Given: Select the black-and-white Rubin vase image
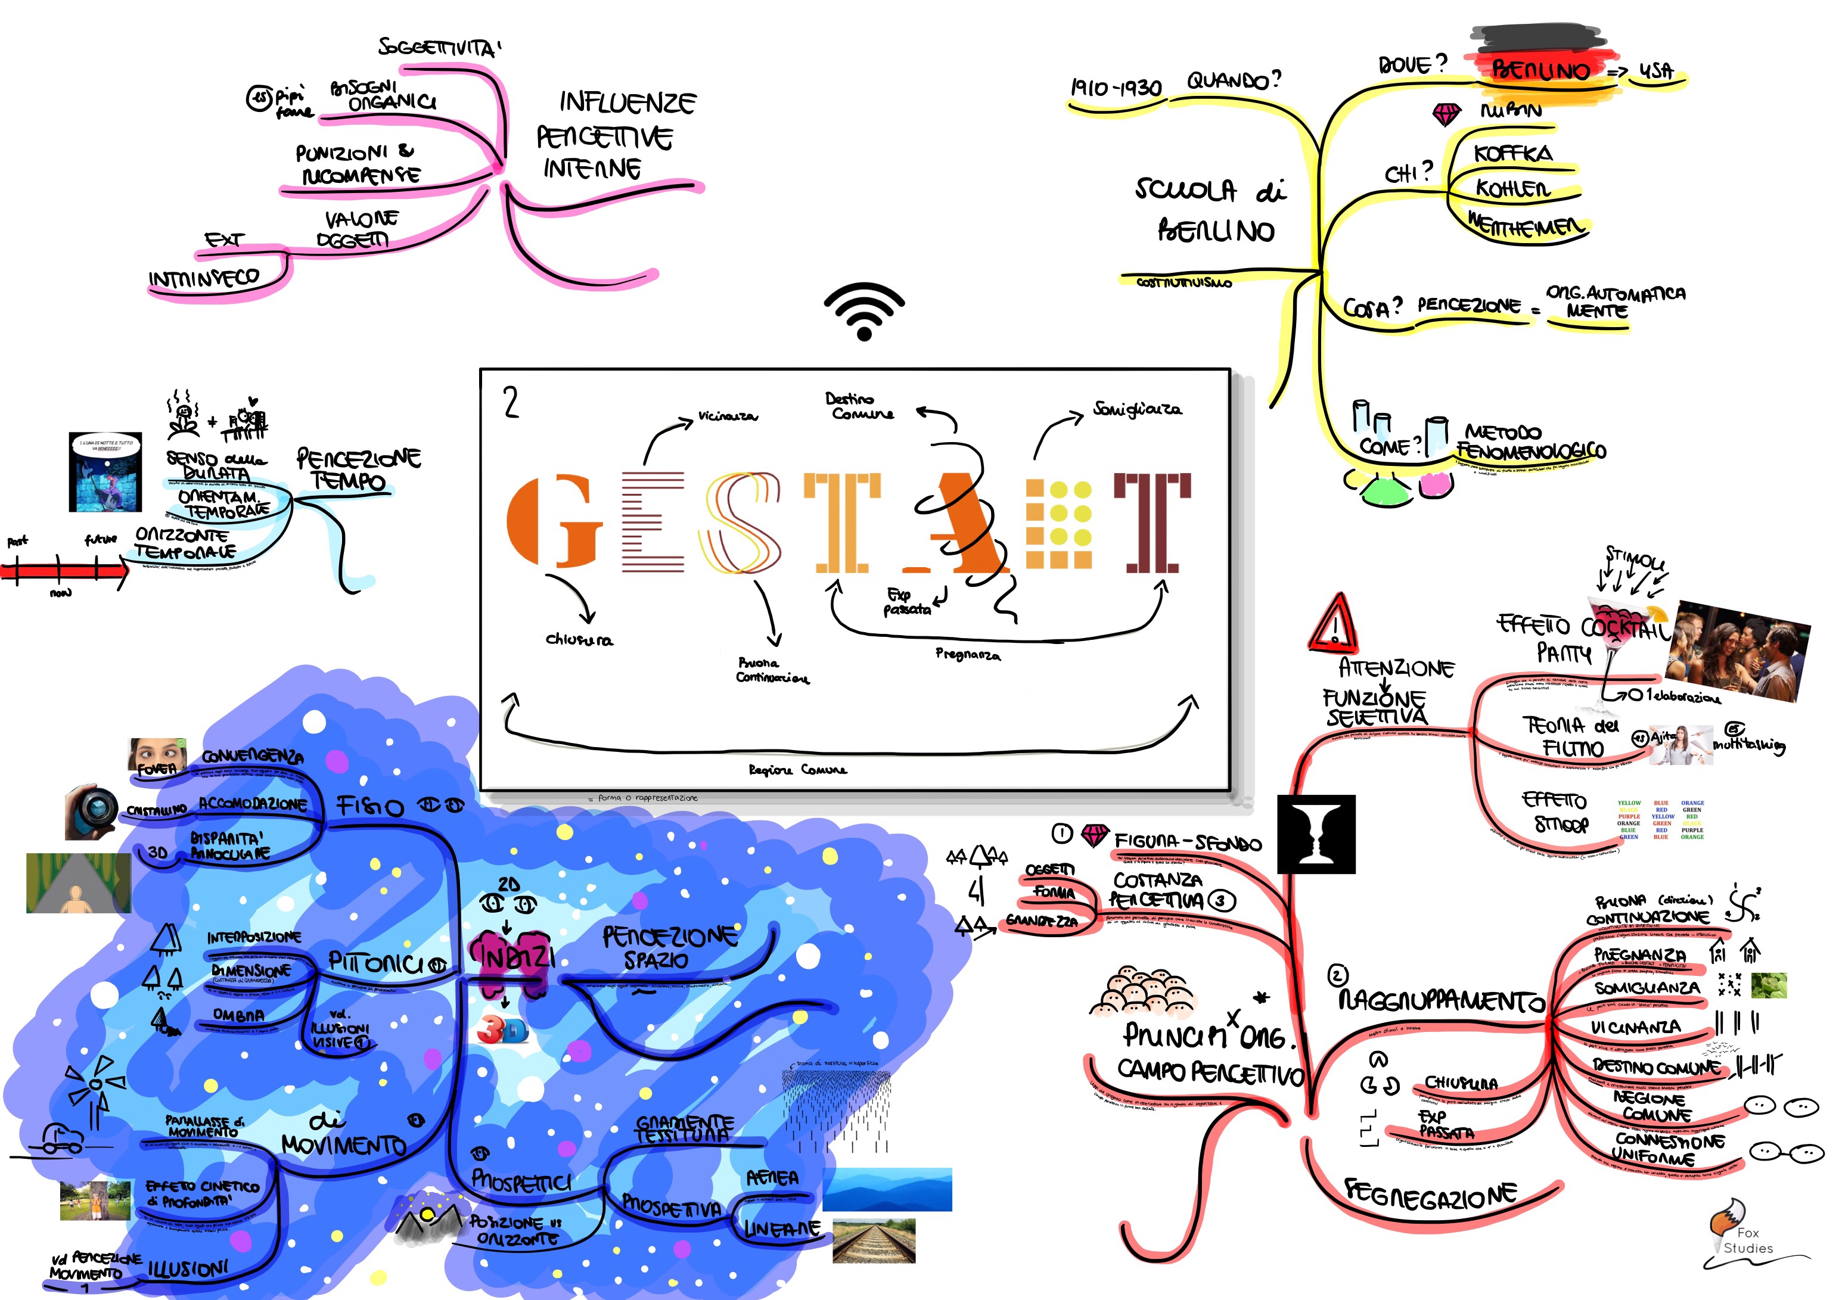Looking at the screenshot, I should pyautogui.click(x=1316, y=834).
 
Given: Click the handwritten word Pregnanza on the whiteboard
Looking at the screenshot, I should pyautogui.click(x=968, y=654).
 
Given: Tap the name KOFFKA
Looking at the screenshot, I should pyautogui.click(x=1512, y=153).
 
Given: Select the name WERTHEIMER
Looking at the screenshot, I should pyautogui.click(x=1526, y=226).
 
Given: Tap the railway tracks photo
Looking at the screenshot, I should pyautogui.click(x=874, y=1241).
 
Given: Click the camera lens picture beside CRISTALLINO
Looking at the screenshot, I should pyautogui.click(x=92, y=811).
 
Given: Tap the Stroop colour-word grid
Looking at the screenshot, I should pyautogui.click(x=1660, y=819).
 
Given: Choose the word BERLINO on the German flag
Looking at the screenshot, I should pyautogui.click(x=1539, y=70).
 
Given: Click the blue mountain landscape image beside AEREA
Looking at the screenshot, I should pyautogui.click(x=887, y=1189).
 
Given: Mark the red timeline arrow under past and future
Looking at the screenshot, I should pyautogui.click(x=64, y=570).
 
